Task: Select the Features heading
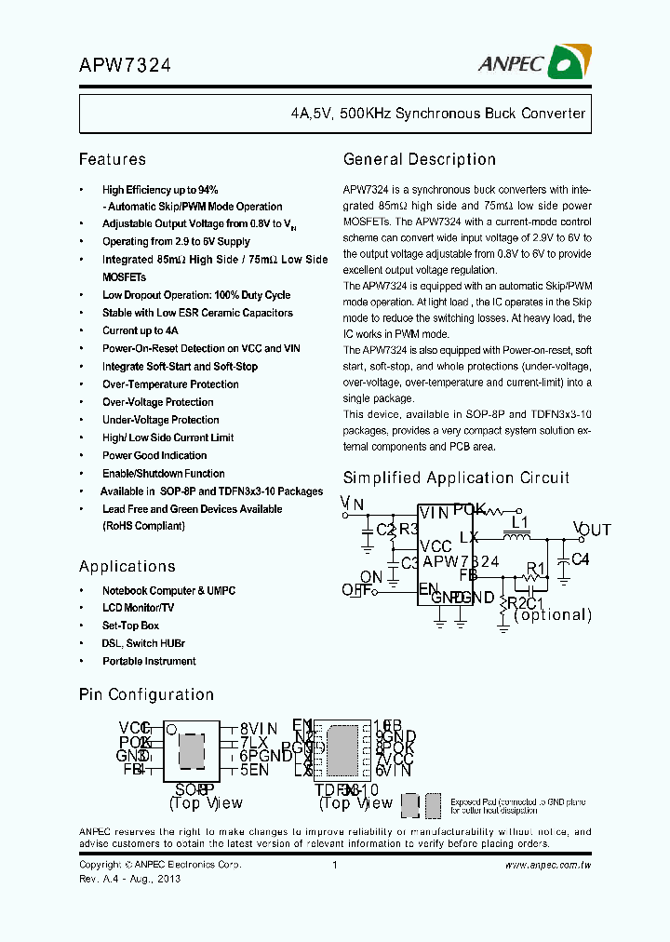click(x=113, y=159)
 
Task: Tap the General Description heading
click(x=420, y=159)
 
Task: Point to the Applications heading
click(x=127, y=566)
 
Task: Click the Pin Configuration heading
click(x=146, y=694)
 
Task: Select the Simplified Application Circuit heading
click(x=456, y=478)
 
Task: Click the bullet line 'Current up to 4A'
click(x=140, y=330)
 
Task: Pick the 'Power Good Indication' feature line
click(x=154, y=455)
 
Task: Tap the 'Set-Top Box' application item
click(x=130, y=626)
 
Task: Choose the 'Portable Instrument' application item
click(x=149, y=661)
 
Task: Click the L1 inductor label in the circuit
click(x=520, y=522)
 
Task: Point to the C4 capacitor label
click(x=580, y=559)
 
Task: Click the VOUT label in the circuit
click(x=592, y=530)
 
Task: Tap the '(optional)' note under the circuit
click(x=553, y=614)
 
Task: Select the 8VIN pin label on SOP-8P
click(x=258, y=729)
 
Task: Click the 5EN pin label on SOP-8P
click(x=254, y=770)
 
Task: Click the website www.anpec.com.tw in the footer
click(x=548, y=865)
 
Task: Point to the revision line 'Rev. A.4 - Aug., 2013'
click(x=129, y=878)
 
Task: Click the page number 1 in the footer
click(x=334, y=865)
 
